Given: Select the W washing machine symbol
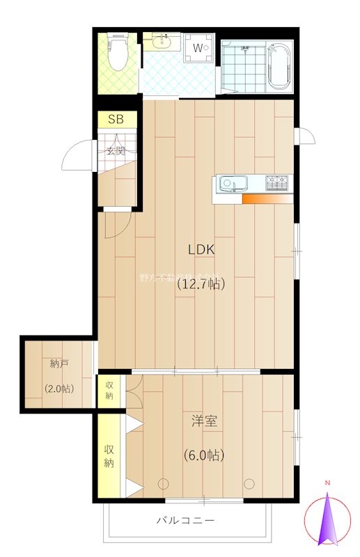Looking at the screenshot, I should pyautogui.click(x=199, y=48).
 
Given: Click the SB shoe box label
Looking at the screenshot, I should pyautogui.click(x=116, y=120).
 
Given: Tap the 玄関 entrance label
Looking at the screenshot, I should pyautogui.click(x=116, y=150).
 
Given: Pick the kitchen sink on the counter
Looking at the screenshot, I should pyautogui.click(x=232, y=185).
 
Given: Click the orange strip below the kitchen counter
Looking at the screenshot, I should pyautogui.click(x=267, y=199).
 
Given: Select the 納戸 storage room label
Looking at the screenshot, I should pyautogui.click(x=59, y=363).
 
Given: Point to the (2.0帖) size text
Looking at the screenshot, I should pyautogui.click(x=59, y=389).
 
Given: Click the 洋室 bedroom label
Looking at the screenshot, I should pyautogui.click(x=204, y=421).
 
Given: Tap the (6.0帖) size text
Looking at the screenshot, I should pyautogui.click(x=204, y=455).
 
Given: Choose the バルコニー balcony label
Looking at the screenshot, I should pyautogui.click(x=185, y=520).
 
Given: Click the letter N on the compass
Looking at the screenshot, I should pyautogui.click(x=327, y=483).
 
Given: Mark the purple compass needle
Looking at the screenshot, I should pyautogui.click(x=327, y=519).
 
